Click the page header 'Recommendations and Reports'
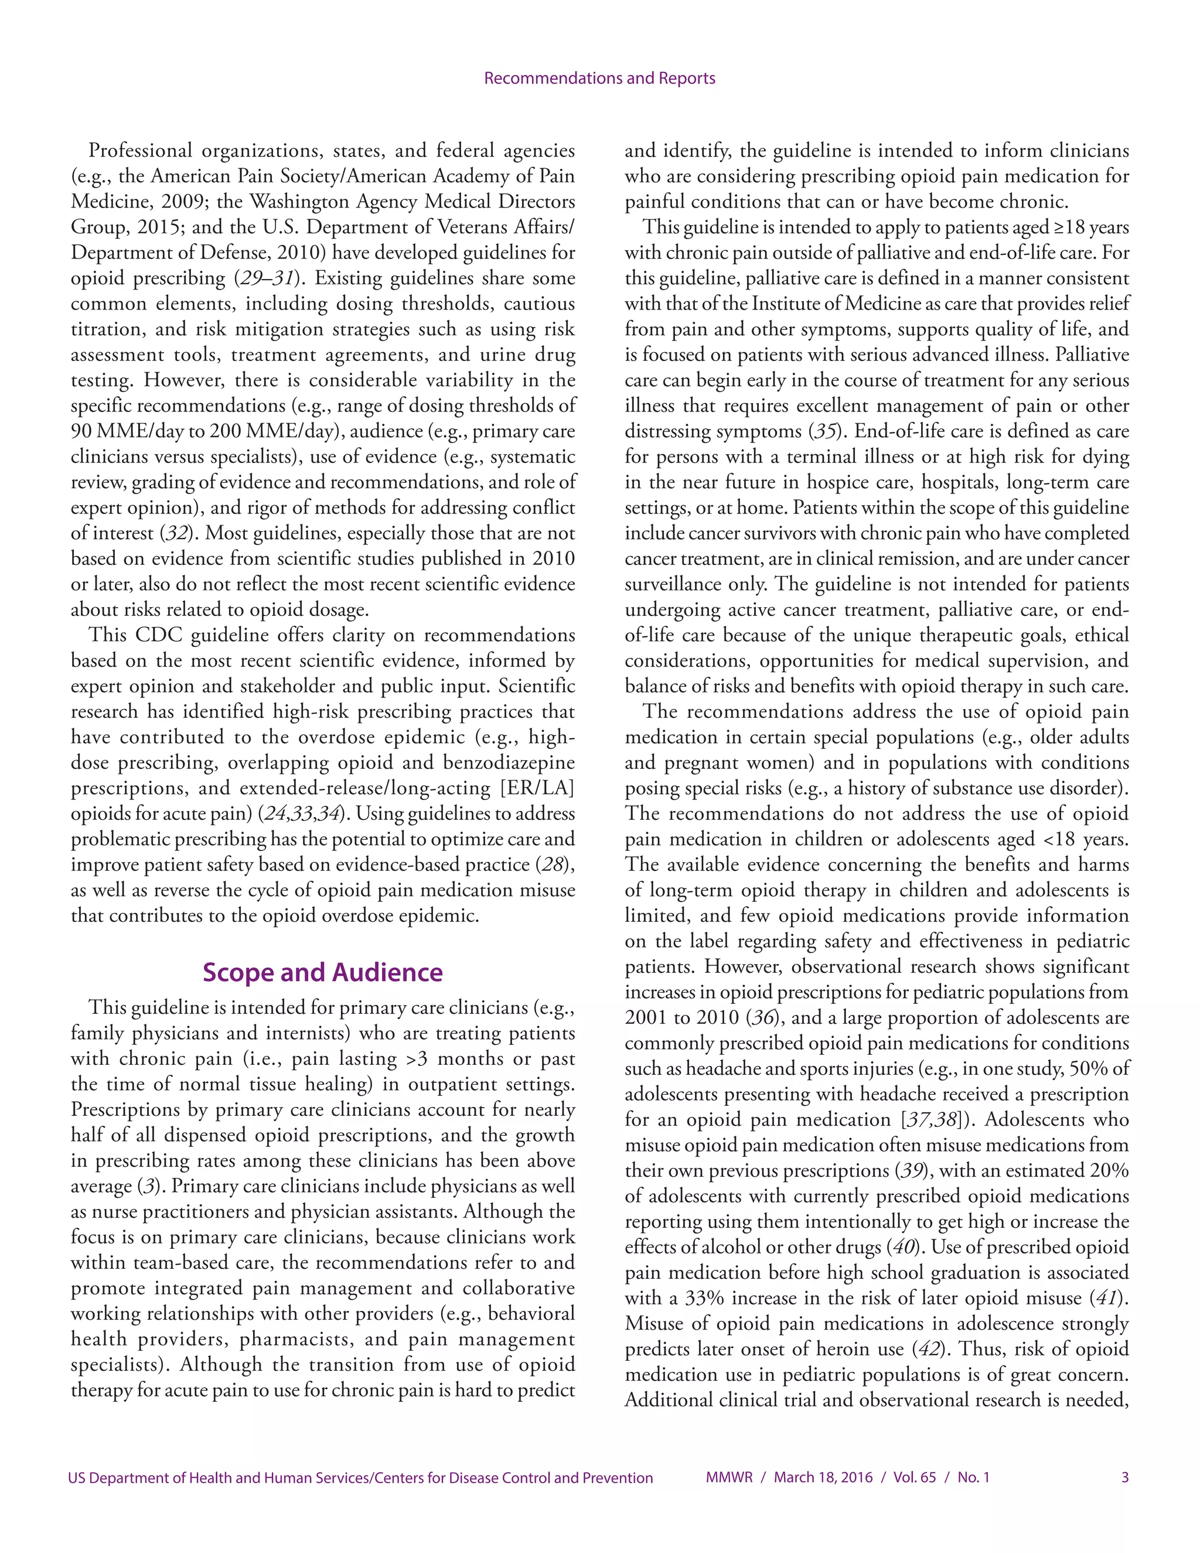[599, 78]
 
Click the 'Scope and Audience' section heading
[322, 972]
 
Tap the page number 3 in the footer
[1124, 1477]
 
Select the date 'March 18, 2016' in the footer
[823, 1477]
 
